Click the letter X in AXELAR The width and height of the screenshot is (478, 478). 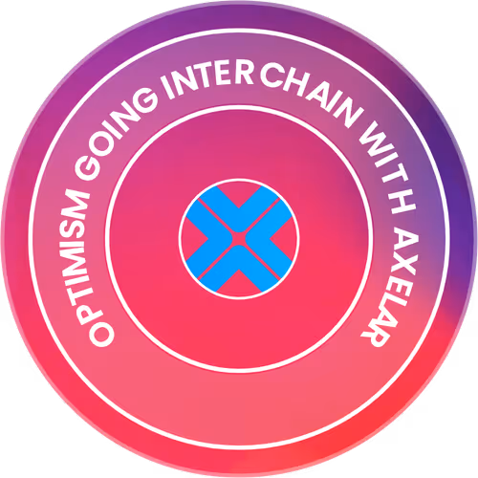pyautogui.click(x=403, y=262)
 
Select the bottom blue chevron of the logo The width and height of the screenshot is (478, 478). pyautogui.click(x=239, y=270)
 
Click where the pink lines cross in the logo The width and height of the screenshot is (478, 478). pyautogui.click(x=239, y=239)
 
